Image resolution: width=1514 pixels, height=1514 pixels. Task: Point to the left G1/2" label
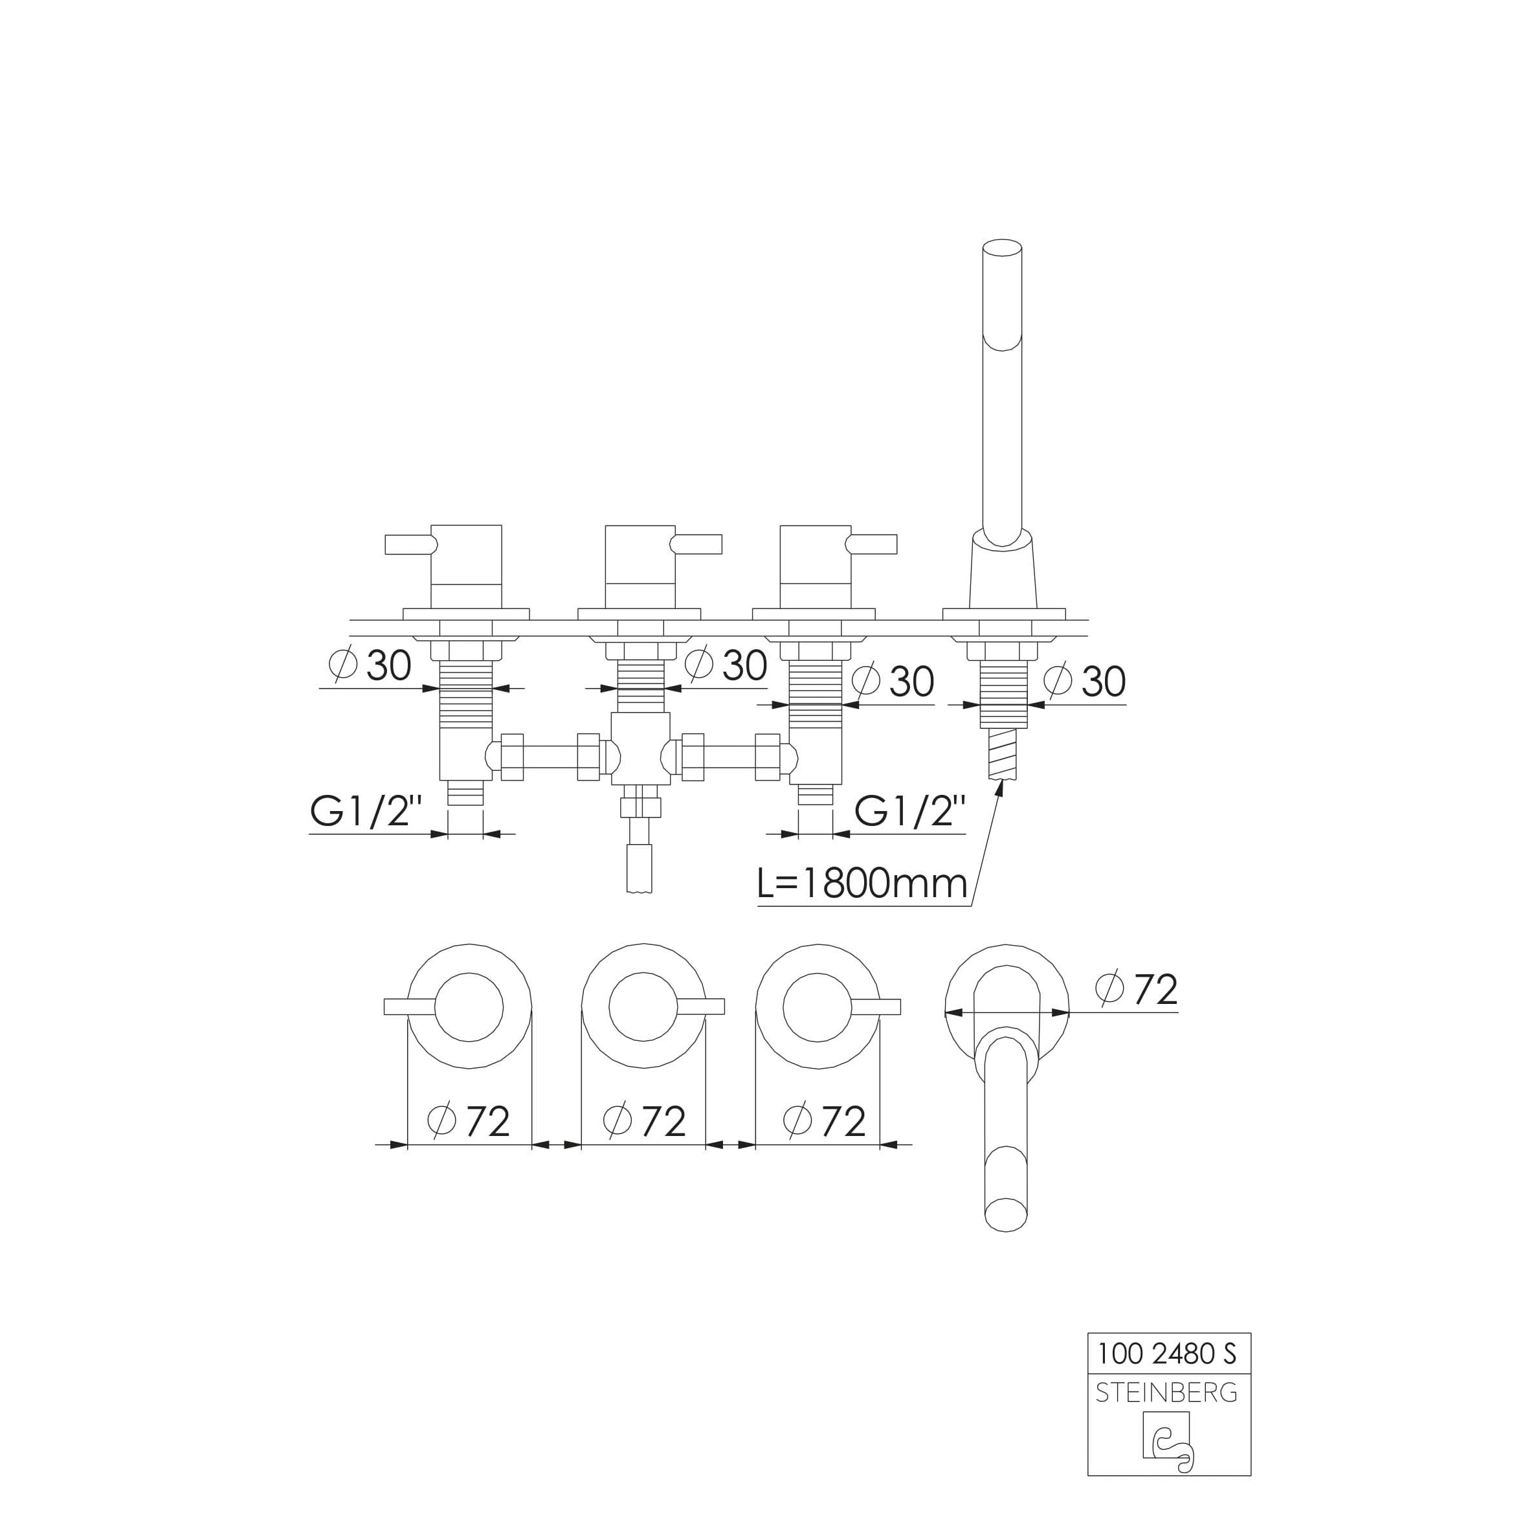tap(366, 811)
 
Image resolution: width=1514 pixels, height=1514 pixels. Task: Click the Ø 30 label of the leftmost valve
tap(371, 666)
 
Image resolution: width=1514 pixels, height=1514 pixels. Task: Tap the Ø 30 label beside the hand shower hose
tap(1085, 681)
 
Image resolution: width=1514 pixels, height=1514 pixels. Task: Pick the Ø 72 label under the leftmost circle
tap(469, 1121)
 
